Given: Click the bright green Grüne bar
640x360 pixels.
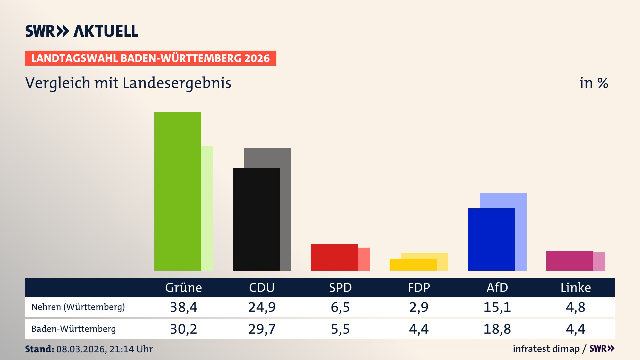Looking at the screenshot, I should (178, 192).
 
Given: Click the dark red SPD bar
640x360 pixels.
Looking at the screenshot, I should (334, 257).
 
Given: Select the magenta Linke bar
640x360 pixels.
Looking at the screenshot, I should (570, 261).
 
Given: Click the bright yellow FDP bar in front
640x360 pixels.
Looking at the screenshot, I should (413, 265).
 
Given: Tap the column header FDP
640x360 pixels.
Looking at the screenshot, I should (419, 288).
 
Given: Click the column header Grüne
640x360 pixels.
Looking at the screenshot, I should (183, 288).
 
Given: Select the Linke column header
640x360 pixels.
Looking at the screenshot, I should (575, 288).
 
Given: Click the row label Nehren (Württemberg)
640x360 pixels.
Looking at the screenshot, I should (78, 307).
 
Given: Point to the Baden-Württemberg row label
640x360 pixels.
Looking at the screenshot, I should (73, 329).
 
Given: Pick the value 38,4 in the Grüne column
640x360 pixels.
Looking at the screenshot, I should (184, 307).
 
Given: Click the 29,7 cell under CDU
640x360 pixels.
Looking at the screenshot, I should (262, 329).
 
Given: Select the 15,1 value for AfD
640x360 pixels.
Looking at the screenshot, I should (497, 307).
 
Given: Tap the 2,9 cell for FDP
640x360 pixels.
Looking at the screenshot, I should (419, 307).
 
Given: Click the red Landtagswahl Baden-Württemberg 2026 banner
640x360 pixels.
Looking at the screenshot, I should (150, 58).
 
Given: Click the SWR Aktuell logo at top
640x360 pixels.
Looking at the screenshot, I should (81, 31).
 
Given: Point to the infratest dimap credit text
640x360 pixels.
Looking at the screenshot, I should (546, 349).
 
